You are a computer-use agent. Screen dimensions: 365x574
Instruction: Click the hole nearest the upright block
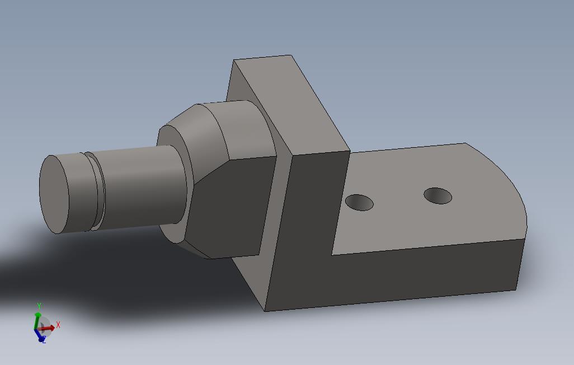[359, 202]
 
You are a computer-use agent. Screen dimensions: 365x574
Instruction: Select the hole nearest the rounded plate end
[437, 196]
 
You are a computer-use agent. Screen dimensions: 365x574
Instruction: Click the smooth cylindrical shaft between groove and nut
[140, 185]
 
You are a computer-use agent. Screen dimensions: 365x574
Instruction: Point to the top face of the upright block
[291, 101]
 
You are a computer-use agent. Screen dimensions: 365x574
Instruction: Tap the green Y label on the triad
[39, 306]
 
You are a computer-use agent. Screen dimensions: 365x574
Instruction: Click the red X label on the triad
[58, 325]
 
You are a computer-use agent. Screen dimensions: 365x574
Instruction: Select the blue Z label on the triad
[44, 340]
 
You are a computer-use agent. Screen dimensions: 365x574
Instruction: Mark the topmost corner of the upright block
[291, 55]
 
